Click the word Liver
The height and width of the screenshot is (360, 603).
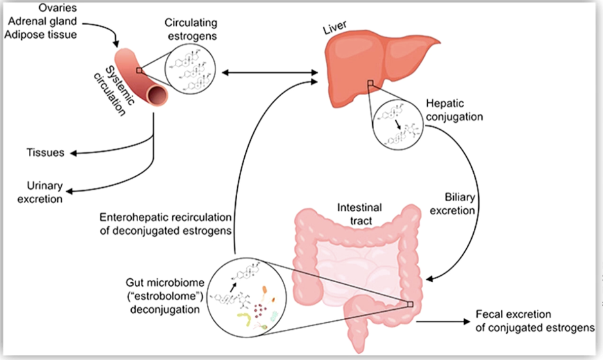click(335, 27)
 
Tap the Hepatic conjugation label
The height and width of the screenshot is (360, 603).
click(454, 110)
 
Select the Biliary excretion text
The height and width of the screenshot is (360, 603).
click(453, 204)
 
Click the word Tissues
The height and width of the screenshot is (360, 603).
click(46, 153)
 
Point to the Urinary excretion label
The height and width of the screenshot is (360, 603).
click(40, 192)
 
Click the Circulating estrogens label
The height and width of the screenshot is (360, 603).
click(191, 29)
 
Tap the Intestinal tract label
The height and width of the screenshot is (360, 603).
click(359, 214)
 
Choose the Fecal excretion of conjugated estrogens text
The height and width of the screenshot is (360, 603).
click(535, 321)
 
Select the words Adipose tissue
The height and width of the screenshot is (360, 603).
click(40, 35)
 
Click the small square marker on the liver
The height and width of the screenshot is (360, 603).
click(370, 83)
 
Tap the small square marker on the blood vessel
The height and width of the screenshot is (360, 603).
click(139, 70)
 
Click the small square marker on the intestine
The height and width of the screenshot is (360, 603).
click(410, 304)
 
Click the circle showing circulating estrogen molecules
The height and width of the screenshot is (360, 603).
click(190, 70)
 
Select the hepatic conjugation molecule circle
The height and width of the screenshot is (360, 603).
click(398, 125)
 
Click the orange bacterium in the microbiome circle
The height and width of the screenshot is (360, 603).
click(265, 291)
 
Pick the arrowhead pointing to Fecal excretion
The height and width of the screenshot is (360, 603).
click(467, 321)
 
